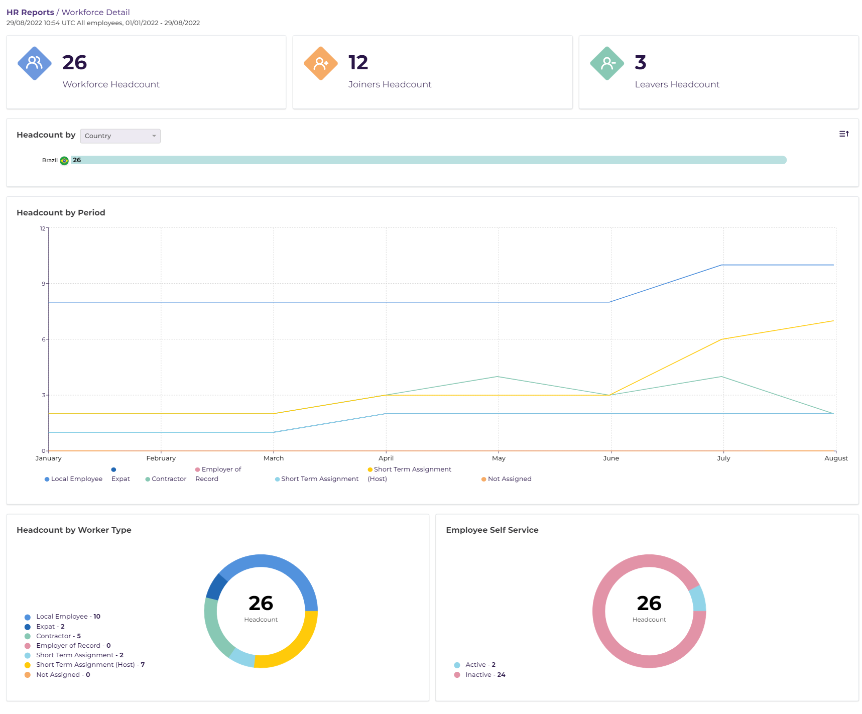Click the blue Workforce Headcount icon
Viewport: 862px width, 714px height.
point(34,63)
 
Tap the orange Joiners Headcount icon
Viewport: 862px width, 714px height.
point(320,63)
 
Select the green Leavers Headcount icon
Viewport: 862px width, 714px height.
point(606,63)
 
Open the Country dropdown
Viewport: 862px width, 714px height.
point(120,136)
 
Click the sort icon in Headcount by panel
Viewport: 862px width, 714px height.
point(843,134)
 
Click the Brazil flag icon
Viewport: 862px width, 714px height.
point(64,161)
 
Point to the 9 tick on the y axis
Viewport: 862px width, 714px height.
point(44,284)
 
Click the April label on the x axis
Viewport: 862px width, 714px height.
point(386,458)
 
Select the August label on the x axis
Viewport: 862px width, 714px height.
point(835,458)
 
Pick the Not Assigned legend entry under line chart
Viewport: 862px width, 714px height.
point(509,479)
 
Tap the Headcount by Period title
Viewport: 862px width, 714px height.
point(61,212)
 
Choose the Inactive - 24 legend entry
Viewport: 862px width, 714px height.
point(484,675)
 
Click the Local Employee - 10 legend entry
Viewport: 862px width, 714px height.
point(68,617)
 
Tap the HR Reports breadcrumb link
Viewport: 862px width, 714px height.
point(30,12)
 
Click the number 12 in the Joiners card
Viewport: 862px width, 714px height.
point(358,63)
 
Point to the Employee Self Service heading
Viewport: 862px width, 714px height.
point(491,530)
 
